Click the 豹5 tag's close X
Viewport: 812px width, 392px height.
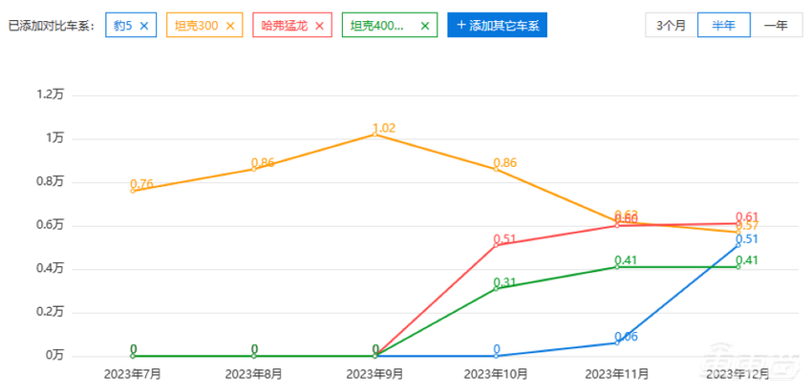pyautogui.click(x=144, y=26)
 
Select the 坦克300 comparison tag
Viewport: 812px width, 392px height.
pyautogui.click(x=195, y=26)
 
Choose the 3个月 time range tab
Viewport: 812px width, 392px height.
pyautogui.click(x=672, y=26)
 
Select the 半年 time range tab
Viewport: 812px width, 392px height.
pyautogui.click(x=723, y=26)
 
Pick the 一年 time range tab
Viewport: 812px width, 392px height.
pyautogui.click(x=775, y=26)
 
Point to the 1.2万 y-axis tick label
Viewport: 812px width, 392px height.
pyautogui.click(x=49, y=94)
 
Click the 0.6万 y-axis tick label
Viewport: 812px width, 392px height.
pyautogui.click(x=49, y=225)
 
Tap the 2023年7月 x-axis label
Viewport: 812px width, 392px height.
pyautogui.click(x=133, y=374)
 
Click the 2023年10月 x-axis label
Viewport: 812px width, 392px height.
pyautogui.click(x=497, y=374)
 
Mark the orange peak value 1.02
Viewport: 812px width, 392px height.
pyautogui.click(x=384, y=128)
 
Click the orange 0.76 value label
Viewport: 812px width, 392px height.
pyautogui.click(x=141, y=184)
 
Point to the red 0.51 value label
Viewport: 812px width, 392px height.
pyautogui.click(x=505, y=238)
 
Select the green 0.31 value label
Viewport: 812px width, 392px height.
pyautogui.click(x=505, y=282)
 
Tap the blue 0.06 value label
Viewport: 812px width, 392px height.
pyautogui.click(x=627, y=337)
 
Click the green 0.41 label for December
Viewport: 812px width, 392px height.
pyautogui.click(x=747, y=260)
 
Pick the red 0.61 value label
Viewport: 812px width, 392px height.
pyautogui.click(x=747, y=217)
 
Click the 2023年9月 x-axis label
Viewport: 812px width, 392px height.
pyautogui.click(x=375, y=374)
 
